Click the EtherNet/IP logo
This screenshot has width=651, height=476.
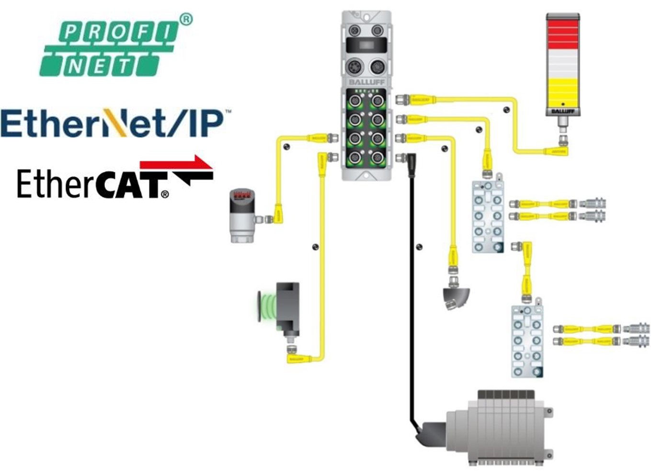click(x=113, y=123)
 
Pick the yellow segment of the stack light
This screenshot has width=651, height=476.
click(x=563, y=91)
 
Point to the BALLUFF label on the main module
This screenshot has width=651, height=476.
click(x=366, y=82)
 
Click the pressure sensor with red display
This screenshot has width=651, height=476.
click(x=242, y=215)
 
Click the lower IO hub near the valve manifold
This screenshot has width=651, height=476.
click(x=527, y=340)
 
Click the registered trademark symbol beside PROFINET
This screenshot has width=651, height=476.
click(x=186, y=19)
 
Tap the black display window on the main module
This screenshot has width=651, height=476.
click(x=366, y=46)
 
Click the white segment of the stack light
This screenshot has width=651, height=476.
click(x=563, y=63)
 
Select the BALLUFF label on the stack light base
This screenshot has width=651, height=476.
click(x=563, y=111)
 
